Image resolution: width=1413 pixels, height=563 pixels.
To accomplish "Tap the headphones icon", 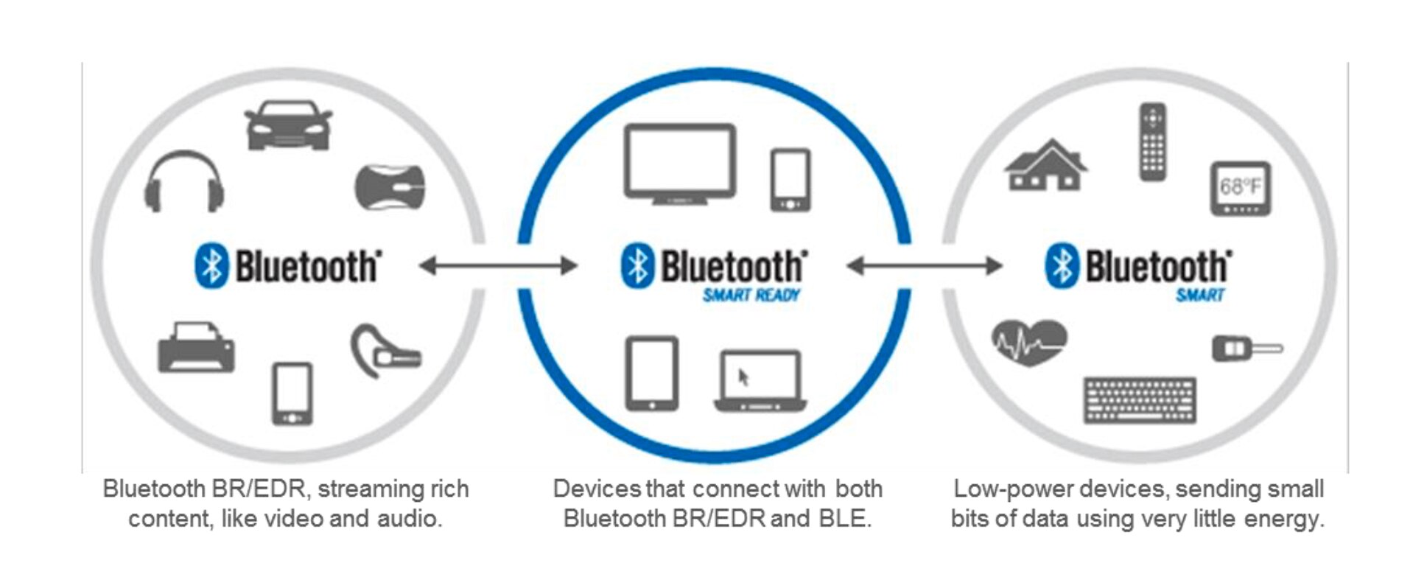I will [x=184, y=182].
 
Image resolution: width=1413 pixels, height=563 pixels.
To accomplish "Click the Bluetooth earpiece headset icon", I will [x=383, y=352].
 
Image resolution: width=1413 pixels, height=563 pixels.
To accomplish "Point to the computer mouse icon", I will [x=390, y=186].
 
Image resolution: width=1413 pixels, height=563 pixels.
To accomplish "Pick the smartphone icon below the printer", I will [x=292, y=394].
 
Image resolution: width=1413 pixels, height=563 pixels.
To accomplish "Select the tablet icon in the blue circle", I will [x=651, y=374].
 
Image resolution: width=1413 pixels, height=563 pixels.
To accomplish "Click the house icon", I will [x=1045, y=165].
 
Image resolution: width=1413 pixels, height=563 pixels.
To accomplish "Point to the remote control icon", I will [x=1152, y=141].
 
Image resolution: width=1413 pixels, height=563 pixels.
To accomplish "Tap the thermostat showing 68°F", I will [x=1241, y=189].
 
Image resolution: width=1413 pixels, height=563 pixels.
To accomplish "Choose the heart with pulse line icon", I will [x=1028, y=342].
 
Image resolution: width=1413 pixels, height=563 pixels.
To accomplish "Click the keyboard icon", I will [x=1140, y=400].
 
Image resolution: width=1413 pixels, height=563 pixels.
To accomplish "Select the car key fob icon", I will [x=1245, y=348].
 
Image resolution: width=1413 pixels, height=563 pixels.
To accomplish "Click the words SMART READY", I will [x=751, y=296].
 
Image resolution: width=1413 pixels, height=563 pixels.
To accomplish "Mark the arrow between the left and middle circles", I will [x=498, y=265].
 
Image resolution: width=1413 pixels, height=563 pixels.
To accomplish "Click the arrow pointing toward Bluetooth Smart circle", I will [x=925, y=265].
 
